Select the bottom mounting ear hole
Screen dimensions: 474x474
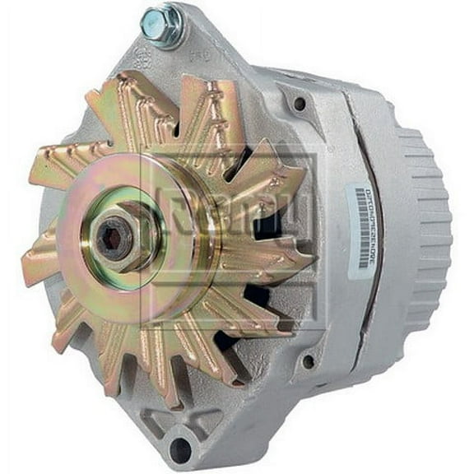[x=179, y=448]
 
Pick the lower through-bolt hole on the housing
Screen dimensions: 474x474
[x=307, y=360]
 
